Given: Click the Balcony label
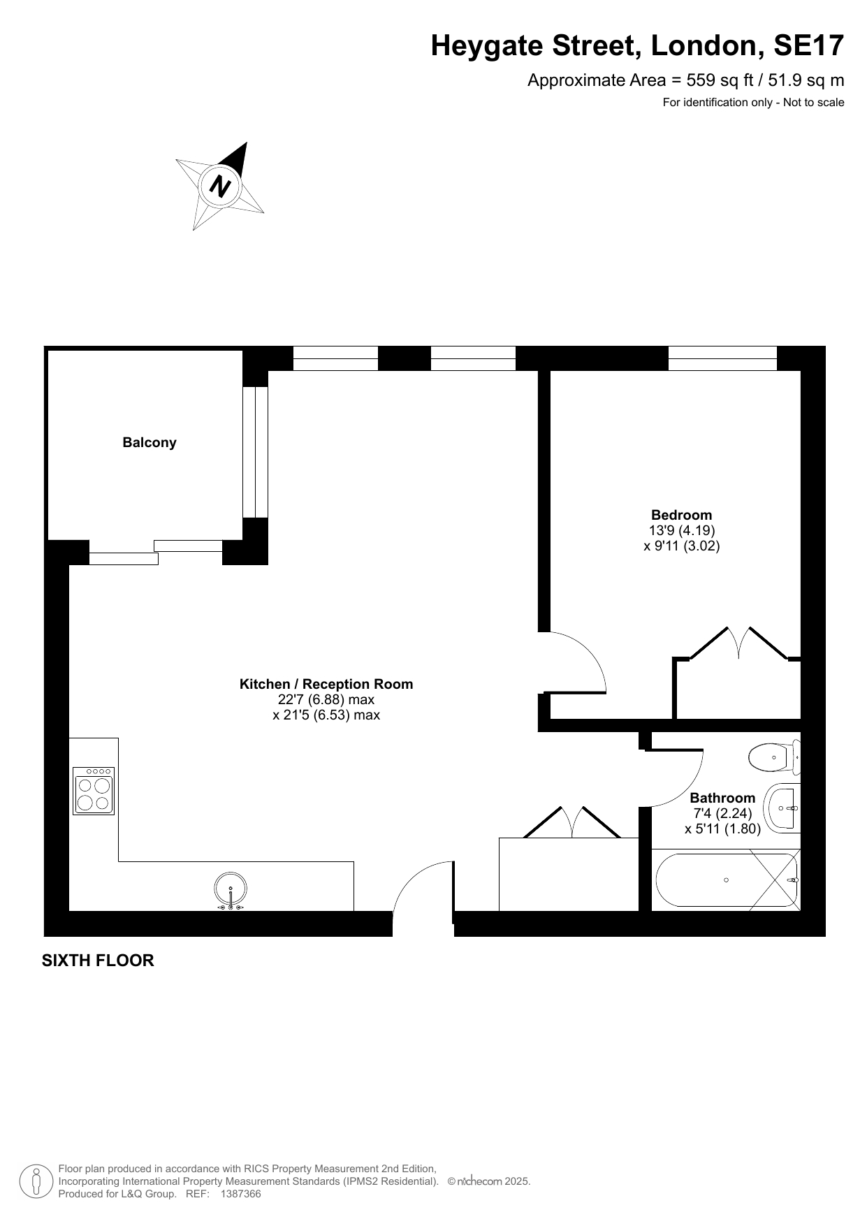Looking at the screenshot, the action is tap(150, 442).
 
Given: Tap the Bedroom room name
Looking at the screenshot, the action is tap(681, 516).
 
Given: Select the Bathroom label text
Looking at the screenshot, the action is tap(722, 798).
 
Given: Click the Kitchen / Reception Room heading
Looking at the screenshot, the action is tap(326, 684).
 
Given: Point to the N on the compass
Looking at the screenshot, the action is tap(221, 186).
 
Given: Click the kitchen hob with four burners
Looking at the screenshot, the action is tap(94, 791).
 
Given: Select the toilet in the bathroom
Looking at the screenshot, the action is tap(774, 757).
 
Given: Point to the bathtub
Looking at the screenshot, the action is tap(726, 880).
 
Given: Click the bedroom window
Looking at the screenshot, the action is tap(722, 358).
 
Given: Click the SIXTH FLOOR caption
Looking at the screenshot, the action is tap(98, 961).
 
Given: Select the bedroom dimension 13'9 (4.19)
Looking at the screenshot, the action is tap(682, 531).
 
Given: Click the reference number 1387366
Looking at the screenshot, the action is tap(240, 1194).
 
